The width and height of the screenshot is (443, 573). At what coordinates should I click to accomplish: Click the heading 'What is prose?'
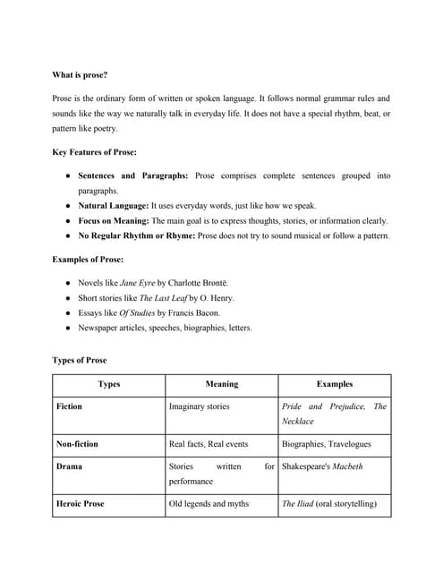pos(81,75)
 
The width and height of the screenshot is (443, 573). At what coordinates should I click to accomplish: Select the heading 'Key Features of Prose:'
pos(95,152)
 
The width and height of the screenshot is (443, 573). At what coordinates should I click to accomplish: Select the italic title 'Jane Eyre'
pos(138,282)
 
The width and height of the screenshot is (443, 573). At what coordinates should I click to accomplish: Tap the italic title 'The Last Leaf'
pos(163,297)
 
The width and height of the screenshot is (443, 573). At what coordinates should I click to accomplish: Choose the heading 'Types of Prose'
pos(80,360)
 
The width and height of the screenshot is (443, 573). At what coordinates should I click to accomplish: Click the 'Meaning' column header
pos(221,384)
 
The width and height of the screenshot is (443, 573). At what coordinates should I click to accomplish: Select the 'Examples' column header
pos(334,384)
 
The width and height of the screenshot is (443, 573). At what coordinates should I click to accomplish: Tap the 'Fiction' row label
pos(69,406)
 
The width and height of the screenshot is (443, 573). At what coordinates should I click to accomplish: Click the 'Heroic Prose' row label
pos(81,504)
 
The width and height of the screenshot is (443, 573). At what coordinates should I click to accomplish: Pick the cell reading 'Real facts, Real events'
pos(209,444)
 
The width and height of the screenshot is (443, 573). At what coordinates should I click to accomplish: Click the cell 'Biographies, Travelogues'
pos(326,444)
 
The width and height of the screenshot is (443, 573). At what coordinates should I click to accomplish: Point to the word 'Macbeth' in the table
pos(346,466)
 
